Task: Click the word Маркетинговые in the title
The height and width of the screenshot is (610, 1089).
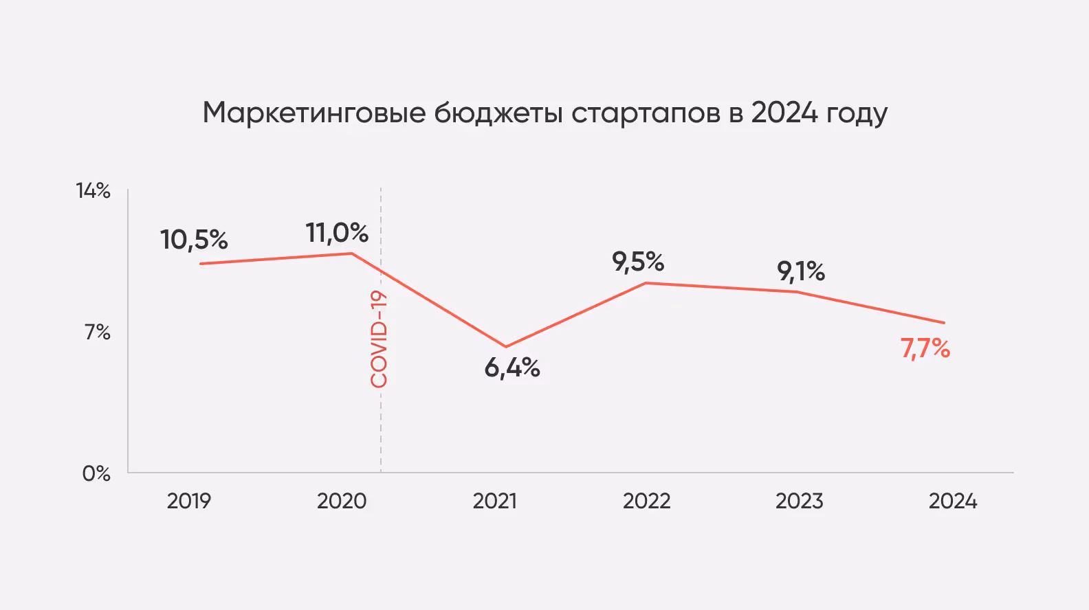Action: [x=314, y=113]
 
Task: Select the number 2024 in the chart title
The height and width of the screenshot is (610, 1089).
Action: [x=784, y=113]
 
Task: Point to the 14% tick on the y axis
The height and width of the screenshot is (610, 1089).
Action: [x=93, y=191]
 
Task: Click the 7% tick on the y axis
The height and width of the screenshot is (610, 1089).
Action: [x=98, y=332]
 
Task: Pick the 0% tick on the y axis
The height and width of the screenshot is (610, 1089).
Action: [x=96, y=473]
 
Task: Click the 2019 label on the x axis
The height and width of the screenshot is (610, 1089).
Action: [x=189, y=501]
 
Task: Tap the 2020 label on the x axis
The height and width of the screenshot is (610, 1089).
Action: [x=342, y=501]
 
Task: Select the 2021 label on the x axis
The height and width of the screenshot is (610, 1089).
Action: [x=494, y=501]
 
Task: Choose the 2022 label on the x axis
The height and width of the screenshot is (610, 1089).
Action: [x=647, y=501]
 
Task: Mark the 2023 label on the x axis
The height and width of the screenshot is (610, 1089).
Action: [x=800, y=501]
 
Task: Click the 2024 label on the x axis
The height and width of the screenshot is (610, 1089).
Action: [x=953, y=501]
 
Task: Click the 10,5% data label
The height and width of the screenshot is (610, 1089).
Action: [x=194, y=240]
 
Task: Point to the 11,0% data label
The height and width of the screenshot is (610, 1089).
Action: [x=337, y=233]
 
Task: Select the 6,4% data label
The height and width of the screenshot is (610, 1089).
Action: [x=512, y=368]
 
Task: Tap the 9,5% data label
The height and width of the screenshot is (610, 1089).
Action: [x=638, y=262]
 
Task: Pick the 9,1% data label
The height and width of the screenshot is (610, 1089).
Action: [x=801, y=271]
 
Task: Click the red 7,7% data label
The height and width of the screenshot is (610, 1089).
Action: [x=925, y=349]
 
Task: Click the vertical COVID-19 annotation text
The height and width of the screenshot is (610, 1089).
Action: [x=379, y=339]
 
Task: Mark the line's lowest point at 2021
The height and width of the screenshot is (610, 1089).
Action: [x=506, y=346]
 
